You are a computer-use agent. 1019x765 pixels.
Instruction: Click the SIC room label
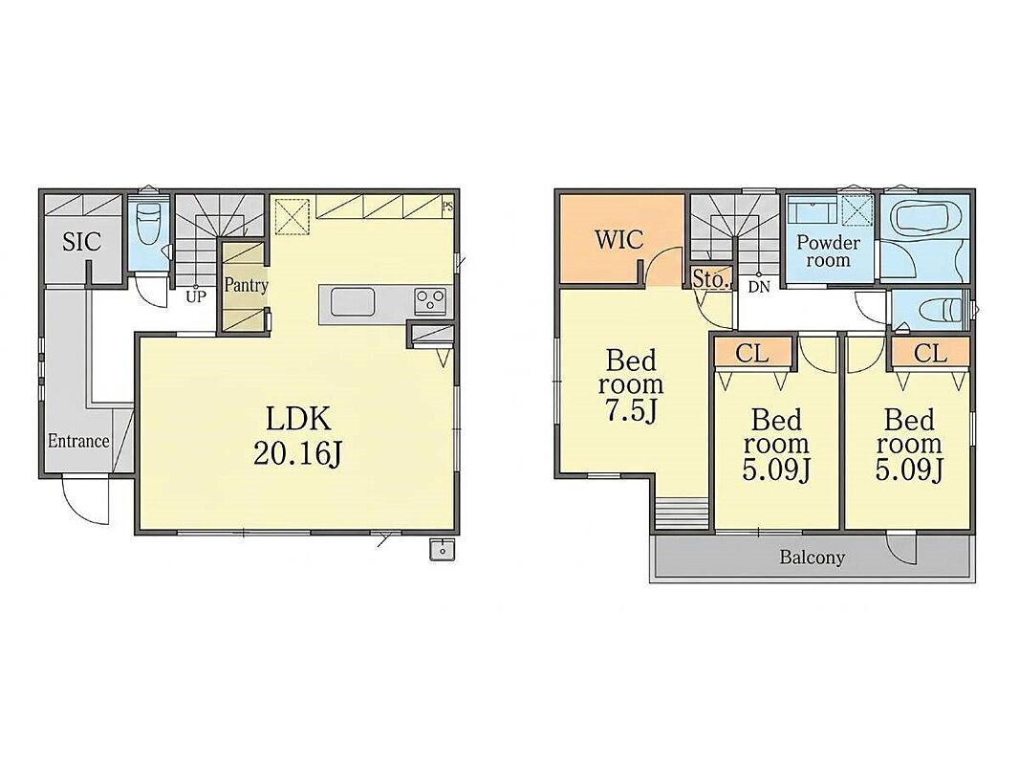click(x=82, y=242)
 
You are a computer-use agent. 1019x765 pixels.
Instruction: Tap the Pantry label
click(x=246, y=285)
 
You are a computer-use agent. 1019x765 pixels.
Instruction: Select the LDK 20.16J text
click(x=298, y=436)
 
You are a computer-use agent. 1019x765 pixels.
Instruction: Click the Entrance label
click(x=78, y=442)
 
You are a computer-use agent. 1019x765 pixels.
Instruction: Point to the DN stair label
click(x=758, y=287)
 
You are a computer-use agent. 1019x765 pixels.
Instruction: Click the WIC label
click(x=619, y=240)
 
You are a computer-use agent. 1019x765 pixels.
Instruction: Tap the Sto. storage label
click(x=709, y=279)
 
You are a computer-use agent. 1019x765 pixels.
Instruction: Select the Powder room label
click(x=828, y=251)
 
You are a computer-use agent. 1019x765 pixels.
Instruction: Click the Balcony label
click(x=813, y=557)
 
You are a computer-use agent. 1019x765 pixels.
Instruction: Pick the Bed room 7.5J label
click(x=631, y=385)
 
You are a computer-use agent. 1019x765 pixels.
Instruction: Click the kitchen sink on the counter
click(x=353, y=302)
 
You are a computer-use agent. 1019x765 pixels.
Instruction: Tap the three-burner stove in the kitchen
click(x=430, y=301)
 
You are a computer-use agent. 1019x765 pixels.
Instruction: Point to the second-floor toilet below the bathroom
click(x=943, y=310)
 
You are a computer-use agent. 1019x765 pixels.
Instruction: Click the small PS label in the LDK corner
click(x=447, y=208)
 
